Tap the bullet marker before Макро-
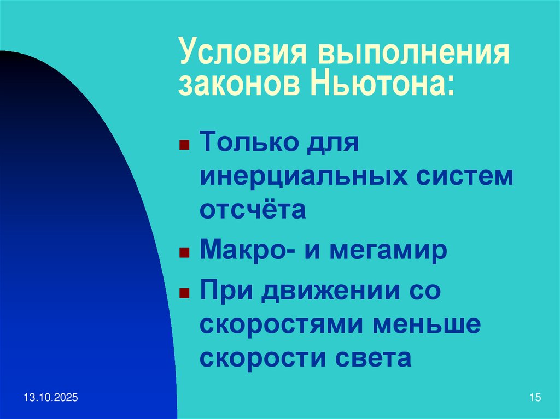pos(185,253)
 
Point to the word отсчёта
pos(253,210)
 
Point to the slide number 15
pos(535,398)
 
